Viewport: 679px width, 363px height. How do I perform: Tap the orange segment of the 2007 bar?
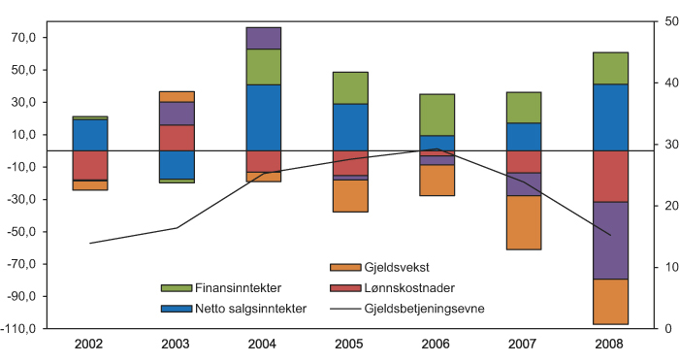point(524,222)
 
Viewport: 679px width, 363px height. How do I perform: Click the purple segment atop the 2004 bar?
point(264,38)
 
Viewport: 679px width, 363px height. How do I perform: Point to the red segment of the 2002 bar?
point(90,165)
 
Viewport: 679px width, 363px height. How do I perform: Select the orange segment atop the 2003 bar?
point(177,96)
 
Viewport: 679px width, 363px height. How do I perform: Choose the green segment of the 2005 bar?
point(350,87)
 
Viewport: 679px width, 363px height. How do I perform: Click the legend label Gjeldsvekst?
point(392,267)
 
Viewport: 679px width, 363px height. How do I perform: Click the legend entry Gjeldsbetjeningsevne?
point(419,309)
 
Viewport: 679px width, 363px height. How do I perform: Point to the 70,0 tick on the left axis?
point(21,38)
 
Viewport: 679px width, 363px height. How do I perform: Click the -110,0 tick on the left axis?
point(19,329)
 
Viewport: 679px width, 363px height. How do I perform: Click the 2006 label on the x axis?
point(436,345)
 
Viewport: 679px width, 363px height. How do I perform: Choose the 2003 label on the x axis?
point(177,345)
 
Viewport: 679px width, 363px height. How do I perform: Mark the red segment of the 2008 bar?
point(610,176)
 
